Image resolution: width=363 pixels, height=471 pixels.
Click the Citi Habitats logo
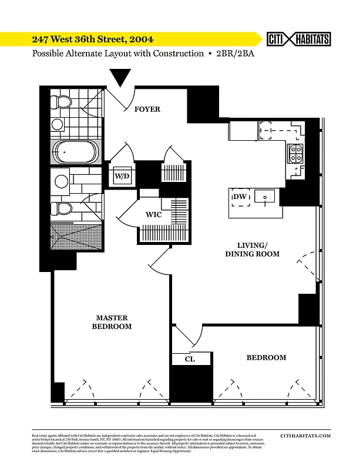(298, 39)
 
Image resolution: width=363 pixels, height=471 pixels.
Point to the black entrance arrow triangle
(121, 77)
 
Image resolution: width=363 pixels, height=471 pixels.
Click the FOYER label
(147, 109)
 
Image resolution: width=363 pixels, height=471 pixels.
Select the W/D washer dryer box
(122, 175)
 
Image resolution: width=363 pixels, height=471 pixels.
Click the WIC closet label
(154, 215)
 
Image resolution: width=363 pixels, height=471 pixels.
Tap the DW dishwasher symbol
(240, 197)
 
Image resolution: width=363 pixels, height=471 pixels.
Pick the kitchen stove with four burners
(295, 153)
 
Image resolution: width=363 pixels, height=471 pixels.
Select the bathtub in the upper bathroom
(75, 152)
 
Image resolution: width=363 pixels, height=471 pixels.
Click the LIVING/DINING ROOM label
(252, 250)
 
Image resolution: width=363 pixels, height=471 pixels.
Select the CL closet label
(190, 359)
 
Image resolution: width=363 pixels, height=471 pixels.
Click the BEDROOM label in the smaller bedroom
(266, 357)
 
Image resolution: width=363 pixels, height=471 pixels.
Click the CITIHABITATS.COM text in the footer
(305, 436)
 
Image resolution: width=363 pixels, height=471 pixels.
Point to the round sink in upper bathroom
(57, 124)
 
